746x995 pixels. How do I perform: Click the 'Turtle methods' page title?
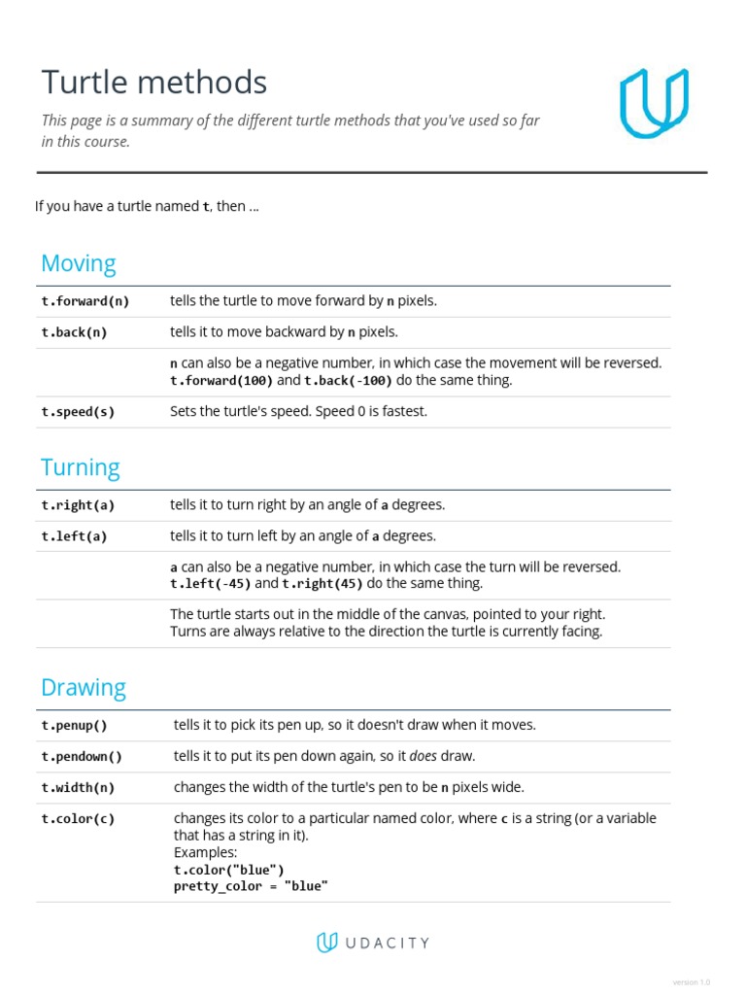coord(153,84)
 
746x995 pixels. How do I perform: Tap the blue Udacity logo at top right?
coord(654,102)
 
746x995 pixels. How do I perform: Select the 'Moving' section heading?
coord(79,263)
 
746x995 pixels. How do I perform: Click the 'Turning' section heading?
coord(81,467)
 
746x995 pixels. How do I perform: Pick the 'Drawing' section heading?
coord(84,687)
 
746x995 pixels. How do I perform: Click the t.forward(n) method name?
coord(85,301)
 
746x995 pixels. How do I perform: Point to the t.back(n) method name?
coord(74,332)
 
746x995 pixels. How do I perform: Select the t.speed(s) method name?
coord(78,412)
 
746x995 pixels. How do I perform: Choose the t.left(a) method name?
coord(74,536)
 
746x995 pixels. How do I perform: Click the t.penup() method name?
coord(74,725)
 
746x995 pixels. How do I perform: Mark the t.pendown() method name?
coord(82,756)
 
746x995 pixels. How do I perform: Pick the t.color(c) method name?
coord(78,818)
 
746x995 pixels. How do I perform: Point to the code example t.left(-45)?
coord(211,584)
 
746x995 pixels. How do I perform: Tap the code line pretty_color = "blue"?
coord(251,886)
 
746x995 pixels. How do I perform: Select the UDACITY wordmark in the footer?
coord(386,943)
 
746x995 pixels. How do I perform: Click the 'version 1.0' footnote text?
coord(692,981)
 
